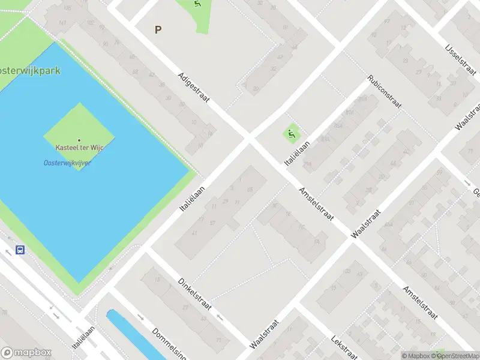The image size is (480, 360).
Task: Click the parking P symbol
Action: point(158,29)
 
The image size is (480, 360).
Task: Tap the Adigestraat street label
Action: point(193,88)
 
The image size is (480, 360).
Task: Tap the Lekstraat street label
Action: point(344,348)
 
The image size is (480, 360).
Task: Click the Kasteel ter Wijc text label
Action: point(79,148)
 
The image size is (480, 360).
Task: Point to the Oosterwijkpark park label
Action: point(30,71)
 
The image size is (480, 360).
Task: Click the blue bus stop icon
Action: point(20,250)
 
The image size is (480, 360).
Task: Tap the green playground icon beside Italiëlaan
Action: point(292,133)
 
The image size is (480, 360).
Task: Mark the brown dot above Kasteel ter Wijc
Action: point(79,140)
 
